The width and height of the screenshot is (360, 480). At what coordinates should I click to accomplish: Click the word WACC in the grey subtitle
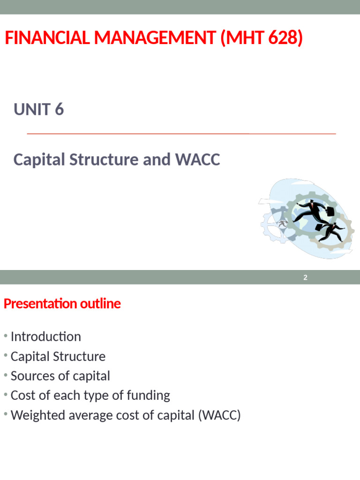(197, 160)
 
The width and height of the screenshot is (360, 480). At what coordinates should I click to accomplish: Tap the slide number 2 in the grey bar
(305, 277)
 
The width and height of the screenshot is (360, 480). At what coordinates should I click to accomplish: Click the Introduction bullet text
(45, 337)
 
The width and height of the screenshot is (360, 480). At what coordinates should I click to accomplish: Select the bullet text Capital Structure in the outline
(58, 357)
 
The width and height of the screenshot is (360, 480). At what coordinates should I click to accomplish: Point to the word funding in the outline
(150, 396)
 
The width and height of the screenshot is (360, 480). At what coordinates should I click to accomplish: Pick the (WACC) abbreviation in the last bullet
(221, 415)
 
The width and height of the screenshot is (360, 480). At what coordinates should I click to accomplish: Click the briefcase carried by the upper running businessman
(330, 211)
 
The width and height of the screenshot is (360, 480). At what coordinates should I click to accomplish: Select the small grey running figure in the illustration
(282, 223)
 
